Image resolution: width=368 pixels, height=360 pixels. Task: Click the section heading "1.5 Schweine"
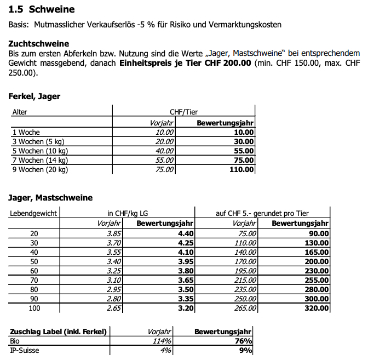[x=42, y=10]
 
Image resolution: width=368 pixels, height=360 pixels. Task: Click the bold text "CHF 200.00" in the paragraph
[x=228, y=63]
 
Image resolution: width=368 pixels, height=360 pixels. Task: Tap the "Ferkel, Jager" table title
[x=34, y=96]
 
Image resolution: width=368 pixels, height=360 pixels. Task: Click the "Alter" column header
[x=20, y=112]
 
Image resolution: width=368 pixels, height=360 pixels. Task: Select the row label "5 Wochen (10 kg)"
[x=39, y=151]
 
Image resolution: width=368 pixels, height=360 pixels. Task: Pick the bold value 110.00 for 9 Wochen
[x=242, y=170]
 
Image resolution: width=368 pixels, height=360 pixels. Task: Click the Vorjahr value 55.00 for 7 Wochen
[x=164, y=160]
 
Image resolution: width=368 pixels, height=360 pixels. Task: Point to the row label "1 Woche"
[x=26, y=132]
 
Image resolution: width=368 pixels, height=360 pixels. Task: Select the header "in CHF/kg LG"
[x=127, y=213]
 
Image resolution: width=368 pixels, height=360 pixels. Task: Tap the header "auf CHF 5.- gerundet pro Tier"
[x=263, y=213]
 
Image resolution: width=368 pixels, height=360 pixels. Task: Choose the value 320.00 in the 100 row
[x=316, y=308]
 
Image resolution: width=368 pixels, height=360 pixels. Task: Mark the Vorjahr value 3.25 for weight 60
[x=112, y=271]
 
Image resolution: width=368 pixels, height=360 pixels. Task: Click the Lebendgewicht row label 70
[x=34, y=280]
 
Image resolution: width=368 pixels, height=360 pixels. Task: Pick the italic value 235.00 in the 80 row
[x=245, y=289]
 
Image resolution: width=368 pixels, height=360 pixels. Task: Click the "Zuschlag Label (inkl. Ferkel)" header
[x=59, y=331]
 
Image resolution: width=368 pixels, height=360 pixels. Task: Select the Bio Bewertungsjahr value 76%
[x=243, y=341]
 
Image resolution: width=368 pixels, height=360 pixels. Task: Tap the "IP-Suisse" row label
[x=24, y=350]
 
